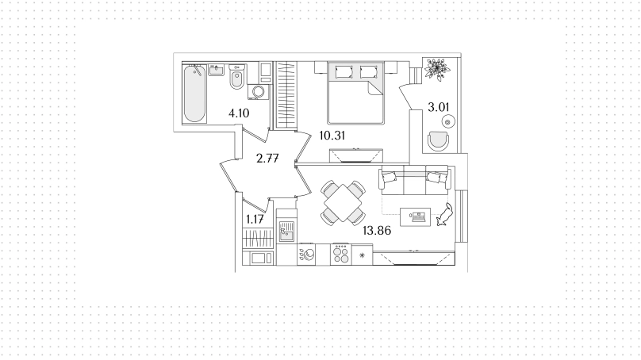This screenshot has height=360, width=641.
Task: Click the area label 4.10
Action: point(239,113)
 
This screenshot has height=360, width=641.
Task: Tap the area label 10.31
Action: point(332,136)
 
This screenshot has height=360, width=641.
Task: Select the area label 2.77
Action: point(267,158)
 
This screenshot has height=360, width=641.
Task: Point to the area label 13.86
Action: point(377,231)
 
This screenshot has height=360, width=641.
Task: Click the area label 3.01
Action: point(438,108)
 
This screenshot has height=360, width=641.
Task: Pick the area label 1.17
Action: point(255,220)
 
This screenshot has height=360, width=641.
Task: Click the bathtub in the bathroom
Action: point(194,94)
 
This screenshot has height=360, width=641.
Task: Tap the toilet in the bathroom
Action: point(236,77)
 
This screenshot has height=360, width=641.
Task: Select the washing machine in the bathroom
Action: point(258,91)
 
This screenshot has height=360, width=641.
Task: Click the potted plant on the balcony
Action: point(437,69)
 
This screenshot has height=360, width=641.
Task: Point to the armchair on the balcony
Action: point(438,141)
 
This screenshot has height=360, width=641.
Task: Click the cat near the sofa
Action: point(444,215)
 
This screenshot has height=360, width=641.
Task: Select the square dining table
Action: point(343,203)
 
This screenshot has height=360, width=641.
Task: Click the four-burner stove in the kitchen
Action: point(340,255)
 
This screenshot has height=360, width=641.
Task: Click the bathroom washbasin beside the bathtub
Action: point(217,70)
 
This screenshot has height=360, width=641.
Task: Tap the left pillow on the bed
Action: point(344,72)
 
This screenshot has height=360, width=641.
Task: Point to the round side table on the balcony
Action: point(448,122)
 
